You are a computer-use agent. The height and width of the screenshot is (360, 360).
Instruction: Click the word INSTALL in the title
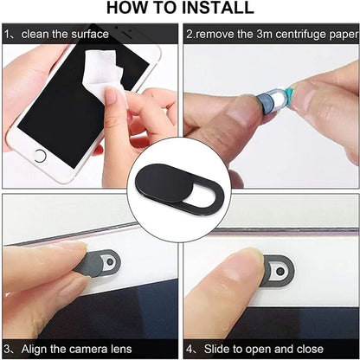[213, 9]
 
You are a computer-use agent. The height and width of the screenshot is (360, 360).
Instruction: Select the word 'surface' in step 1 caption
[89, 35]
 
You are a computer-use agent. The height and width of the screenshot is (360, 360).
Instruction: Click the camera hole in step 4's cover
[279, 272]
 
